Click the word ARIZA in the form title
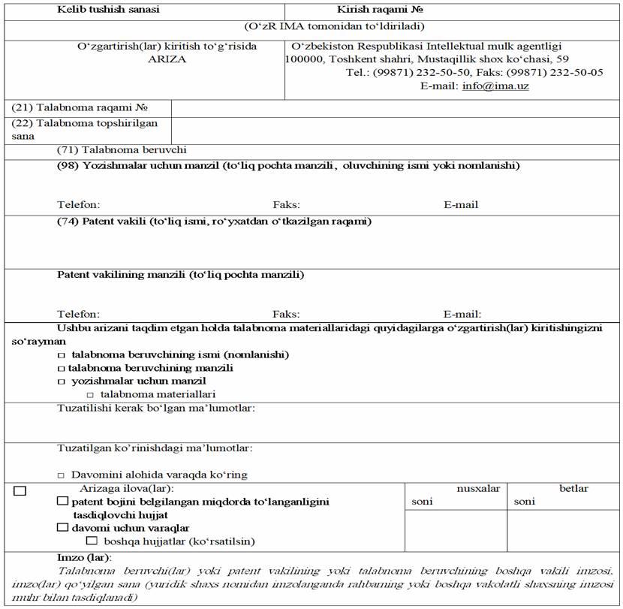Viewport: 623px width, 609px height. (x=167, y=59)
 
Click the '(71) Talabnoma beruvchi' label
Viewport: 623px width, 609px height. (x=122, y=150)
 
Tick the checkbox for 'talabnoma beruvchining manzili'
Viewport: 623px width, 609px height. (x=62, y=369)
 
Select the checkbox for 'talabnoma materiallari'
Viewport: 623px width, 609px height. (x=90, y=394)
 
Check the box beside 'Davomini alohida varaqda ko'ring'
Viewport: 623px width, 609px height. (x=62, y=475)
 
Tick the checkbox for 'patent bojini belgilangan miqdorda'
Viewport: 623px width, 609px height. (x=63, y=501)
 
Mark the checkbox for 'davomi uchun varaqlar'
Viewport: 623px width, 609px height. (x=63, y=527)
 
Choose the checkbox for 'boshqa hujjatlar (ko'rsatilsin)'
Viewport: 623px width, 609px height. (x=92, y=541)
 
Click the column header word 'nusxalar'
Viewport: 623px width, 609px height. (x=478, y=489)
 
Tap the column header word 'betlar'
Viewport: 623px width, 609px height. (x=573, y=489)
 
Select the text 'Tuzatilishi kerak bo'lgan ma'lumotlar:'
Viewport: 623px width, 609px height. (x=156, y=409)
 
